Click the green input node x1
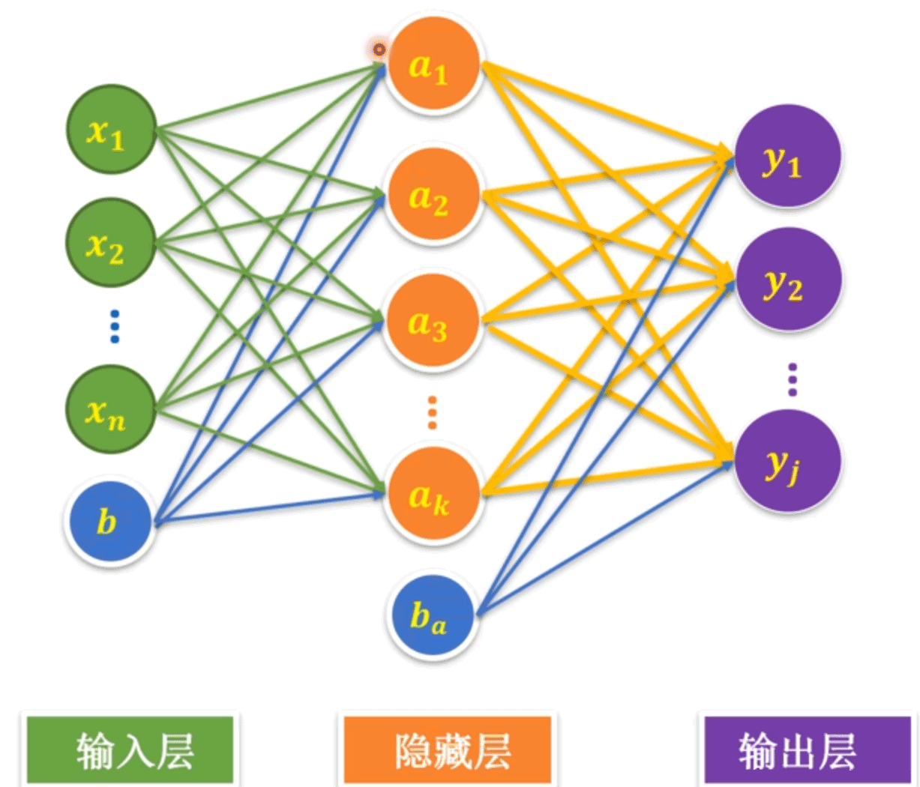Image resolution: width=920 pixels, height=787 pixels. click(111, 130)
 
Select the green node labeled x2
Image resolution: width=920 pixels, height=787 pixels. click(111, 242)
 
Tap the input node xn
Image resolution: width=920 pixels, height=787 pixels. click(111, 409)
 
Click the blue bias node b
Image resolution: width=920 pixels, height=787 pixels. click(109, 521)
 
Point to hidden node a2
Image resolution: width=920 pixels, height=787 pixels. click(432, 195)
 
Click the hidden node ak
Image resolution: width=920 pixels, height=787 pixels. click(431, 495)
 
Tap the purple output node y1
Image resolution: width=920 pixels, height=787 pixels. click(787, 157)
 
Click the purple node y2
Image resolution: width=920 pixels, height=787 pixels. click(787, 281)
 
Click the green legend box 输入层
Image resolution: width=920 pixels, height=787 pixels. click(129, 750)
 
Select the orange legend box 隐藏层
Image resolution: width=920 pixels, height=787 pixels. click(448, 750)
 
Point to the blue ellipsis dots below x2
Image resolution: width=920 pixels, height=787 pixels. click(115, 326)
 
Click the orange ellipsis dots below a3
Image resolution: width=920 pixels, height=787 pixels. click(432, 412)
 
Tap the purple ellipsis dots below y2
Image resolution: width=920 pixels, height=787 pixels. click(793, 380)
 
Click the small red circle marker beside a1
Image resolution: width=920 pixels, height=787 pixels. click(379, 50)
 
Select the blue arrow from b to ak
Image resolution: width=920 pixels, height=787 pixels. click(270, 507)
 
